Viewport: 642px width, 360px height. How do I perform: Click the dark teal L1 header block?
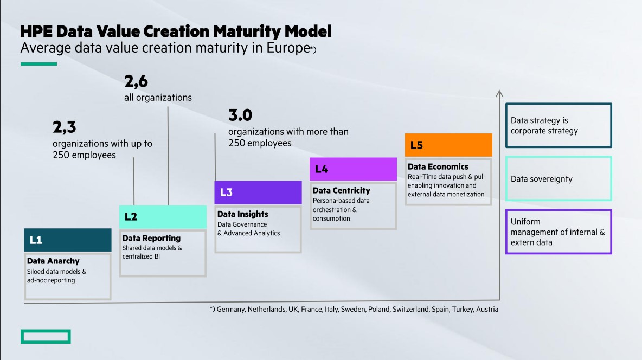68,240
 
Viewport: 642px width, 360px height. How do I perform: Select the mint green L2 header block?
163,217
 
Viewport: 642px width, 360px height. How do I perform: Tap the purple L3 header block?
258,192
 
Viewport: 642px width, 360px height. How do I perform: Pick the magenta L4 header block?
353,169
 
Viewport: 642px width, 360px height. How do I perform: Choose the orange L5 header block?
448,145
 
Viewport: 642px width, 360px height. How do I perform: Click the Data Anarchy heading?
53,261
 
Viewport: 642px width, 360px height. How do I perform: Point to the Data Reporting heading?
151,238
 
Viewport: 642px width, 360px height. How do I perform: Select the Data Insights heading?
243,214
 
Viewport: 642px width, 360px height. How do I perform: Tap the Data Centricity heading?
341,190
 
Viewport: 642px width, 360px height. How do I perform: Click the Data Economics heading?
438,167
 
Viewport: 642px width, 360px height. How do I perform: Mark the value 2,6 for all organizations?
136,82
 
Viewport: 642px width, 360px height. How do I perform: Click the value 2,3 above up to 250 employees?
64,127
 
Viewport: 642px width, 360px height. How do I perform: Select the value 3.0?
240,115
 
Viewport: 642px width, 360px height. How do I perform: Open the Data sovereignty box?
558,179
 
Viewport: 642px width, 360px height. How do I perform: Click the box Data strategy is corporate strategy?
558,126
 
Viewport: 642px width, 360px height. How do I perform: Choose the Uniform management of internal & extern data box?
558,232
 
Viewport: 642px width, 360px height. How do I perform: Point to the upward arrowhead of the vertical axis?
499,93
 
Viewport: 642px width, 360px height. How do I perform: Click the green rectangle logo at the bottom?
46,337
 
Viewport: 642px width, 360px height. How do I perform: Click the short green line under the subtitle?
38,64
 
